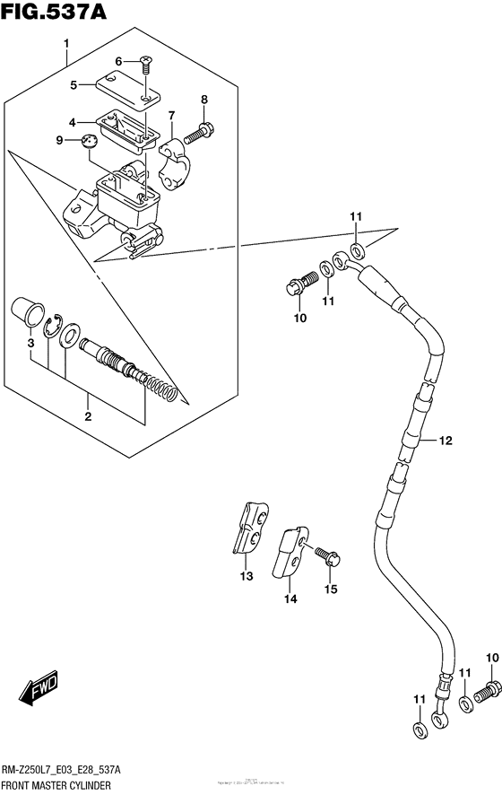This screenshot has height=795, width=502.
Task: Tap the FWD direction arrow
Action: pos(39,690)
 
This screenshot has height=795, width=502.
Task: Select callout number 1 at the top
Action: pos(66,44)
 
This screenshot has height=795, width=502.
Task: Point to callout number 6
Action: pos(117,61)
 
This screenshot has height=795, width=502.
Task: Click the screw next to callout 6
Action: pos(145,62)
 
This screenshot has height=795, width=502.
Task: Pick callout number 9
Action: pos(59,140)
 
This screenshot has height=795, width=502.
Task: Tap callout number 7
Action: pos(172,115)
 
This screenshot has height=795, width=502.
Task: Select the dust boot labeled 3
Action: pos(29,316)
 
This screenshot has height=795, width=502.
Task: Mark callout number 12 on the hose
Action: pos(446,440)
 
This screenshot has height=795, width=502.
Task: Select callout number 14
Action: pos(290,598)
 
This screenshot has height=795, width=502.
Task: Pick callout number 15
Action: pos(331,589)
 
